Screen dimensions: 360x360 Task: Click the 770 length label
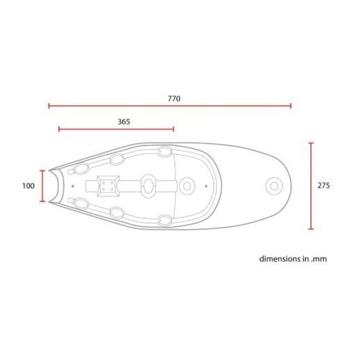tap(173, 97)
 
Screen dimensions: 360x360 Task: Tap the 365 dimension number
tap(123, 122)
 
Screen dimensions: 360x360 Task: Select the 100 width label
tap(29, 186)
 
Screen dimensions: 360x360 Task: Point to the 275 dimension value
tap(323, 186)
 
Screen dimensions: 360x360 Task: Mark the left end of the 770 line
tap(49, 106)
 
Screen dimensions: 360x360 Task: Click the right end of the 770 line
tap(291, 106)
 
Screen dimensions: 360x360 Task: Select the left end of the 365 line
tap(59, 130)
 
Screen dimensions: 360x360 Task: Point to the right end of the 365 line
tap(174, 130)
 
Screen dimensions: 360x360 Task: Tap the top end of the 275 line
tap(311, 143)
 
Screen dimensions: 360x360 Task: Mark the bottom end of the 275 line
tap(311, 230)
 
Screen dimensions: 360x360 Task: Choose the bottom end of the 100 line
tap(43, 202)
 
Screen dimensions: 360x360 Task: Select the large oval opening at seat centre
tap(148, 186)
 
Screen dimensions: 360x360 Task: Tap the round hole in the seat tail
tap(274, 186)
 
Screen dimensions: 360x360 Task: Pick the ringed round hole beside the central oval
tap(187, 186)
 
